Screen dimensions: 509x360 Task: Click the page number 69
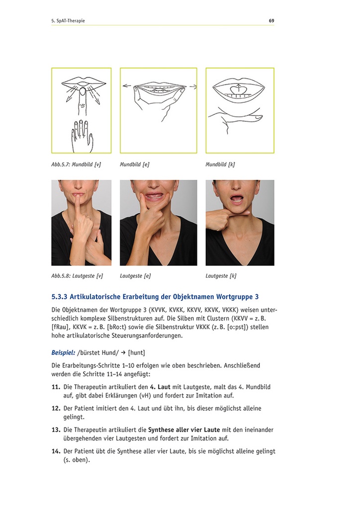tap(271, 21)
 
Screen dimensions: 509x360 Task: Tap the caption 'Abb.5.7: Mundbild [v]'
tap(76, 164)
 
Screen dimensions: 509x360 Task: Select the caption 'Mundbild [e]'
tap(134, 164)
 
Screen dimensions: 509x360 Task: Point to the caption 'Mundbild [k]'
tap(220, 164)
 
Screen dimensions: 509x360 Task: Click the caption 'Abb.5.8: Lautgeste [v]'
tap(77, 275)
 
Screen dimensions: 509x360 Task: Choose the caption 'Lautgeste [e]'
tap(135, 275)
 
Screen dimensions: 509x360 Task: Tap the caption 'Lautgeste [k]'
tap(221, 275)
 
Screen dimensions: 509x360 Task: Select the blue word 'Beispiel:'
tap(63, 352)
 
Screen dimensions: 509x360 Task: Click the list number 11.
tap(56, 387)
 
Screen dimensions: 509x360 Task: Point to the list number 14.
tap(56, 451)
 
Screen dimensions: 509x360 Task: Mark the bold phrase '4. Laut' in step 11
tap(161, 387)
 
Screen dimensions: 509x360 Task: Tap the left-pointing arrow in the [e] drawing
tap(127, 86)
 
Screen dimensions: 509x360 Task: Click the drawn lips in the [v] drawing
tap(82, 82)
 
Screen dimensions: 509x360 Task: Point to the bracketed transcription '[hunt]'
tap(136, 352)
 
